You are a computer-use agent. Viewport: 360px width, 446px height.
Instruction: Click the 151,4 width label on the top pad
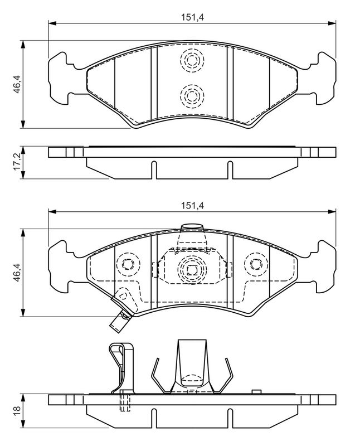click(192, 17)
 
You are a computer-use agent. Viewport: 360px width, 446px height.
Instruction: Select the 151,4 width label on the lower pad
click(192, 206)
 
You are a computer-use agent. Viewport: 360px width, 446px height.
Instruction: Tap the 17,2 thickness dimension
click(17, 163)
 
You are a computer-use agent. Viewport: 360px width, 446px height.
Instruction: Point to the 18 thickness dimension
click(17, 409)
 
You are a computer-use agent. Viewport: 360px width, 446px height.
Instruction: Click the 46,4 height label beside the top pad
click(17, 85)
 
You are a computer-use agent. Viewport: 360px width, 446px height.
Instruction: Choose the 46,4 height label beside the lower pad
click(17, 273)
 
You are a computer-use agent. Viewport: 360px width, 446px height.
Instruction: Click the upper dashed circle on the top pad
click(192, 61)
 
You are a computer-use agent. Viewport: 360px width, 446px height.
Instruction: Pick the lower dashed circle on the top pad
click(192, 96)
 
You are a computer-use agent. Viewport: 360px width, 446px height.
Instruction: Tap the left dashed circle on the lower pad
click(128, 264)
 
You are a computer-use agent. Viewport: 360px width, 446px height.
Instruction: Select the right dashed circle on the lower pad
click(256, 264)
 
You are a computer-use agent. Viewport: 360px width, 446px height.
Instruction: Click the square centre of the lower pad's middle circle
click(192, 269)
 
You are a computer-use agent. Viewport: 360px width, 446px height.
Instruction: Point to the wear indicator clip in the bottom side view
click(121, 369)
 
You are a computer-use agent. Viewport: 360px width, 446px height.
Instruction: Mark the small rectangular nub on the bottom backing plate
click(256, 392)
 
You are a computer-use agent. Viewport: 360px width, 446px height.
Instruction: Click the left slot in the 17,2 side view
click(154, 170)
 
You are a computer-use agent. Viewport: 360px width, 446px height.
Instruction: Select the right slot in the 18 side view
click(230, 418)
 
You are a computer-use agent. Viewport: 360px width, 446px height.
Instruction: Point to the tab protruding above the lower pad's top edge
click(192, 227)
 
